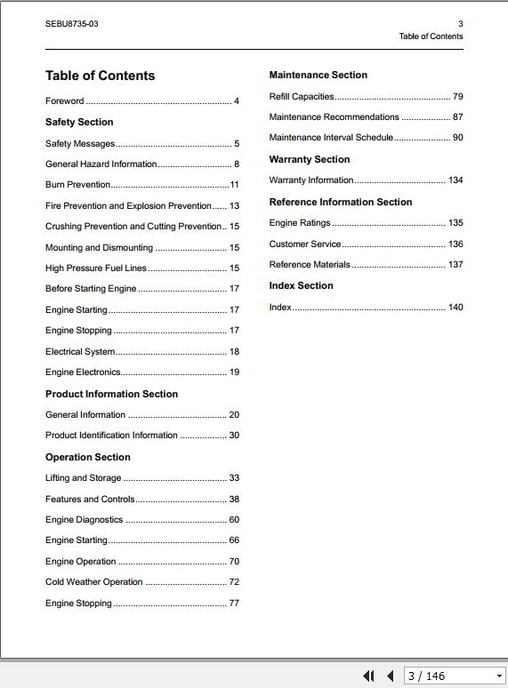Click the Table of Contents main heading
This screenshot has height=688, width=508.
tap(101, 76)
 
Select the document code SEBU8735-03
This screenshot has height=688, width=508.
tap(72, 24)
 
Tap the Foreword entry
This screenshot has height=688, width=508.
tap(65, 101)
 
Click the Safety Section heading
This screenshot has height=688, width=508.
tap(79, 123)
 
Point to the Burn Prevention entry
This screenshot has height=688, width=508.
tap(78, 185)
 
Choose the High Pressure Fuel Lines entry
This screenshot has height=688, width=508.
tap(96, 268)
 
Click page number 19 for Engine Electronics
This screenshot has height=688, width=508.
tap(234, 372)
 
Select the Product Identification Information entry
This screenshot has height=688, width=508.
tap(111, 436)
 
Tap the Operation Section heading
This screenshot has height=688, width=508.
tap(88, 458)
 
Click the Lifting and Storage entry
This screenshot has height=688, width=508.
tap(83, 478)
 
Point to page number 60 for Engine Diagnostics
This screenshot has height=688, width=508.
tap(234, 520)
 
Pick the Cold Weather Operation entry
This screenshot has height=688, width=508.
tap(94, 582)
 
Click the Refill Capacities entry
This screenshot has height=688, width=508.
tap(302, 97)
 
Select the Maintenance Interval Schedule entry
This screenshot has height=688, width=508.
tap(331, 138)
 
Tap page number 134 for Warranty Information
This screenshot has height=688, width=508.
tap(456, 180)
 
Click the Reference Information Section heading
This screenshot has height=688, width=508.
tap(341, 203)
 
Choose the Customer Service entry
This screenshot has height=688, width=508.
tap(305, 244)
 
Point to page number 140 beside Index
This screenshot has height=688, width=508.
tap(456, 308)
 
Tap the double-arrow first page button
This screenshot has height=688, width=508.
tap(368, 676)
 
